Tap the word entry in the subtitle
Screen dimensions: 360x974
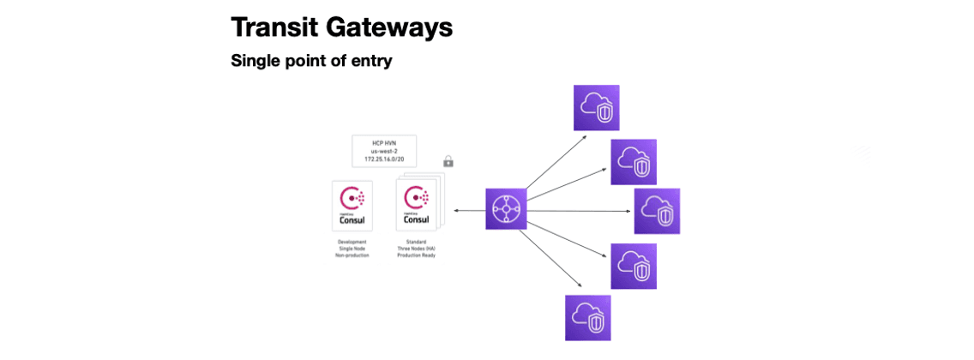click(370, 61)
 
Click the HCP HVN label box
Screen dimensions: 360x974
click(384, 151)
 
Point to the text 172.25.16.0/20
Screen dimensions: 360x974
click(384, 160)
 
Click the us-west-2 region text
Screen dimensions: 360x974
click(384, 151)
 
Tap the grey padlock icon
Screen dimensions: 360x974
click(448, 161)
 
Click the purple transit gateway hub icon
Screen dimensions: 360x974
click(506, 209)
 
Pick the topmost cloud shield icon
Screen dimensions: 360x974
click(596, 107)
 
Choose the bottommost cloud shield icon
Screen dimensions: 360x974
click(588, 318)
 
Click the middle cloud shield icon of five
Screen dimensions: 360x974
click(657, 211)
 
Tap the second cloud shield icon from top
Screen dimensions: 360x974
click(634, 162)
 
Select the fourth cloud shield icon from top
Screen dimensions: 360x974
click(634, 266)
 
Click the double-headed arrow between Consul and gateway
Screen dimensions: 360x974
click(469, 210)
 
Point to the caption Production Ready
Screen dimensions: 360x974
click(417, 256)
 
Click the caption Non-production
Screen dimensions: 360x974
click(352, 256)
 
